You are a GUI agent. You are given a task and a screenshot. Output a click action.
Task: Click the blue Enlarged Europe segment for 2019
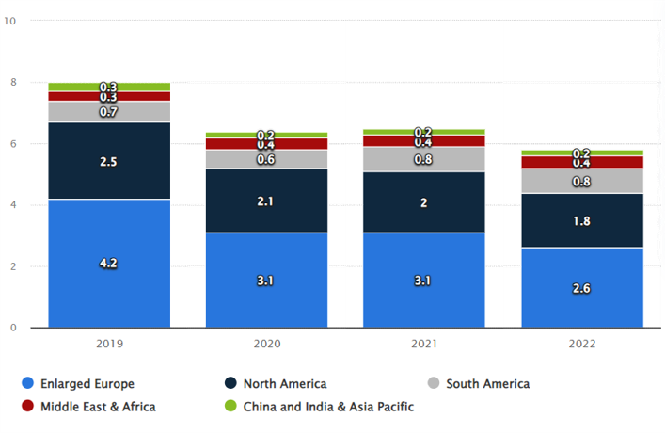coord(109,282)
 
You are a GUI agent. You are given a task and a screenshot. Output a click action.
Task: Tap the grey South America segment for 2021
coord(424,159)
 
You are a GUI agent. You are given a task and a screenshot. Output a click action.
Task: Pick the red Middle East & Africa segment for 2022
coord(582,162)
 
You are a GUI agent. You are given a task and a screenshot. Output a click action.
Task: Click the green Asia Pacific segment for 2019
coord(109,87)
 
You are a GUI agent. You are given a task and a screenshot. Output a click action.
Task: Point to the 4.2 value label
coord(109,264)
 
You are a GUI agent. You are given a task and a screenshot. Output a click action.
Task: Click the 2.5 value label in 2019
coord(109,162)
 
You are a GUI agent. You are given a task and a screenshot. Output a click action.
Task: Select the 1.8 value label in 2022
coord(582,221)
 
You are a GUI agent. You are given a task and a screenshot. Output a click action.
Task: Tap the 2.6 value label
coord(582,287)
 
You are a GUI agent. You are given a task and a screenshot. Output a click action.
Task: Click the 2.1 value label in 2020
coord(267,200)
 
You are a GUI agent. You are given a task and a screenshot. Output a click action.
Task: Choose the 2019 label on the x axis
coord(109,345)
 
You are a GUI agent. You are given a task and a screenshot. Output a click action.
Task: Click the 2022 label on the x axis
coord(582,345)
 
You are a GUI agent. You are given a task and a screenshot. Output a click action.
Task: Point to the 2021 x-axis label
coord(424,345)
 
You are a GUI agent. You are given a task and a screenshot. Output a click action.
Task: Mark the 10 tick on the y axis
coord(10,21)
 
